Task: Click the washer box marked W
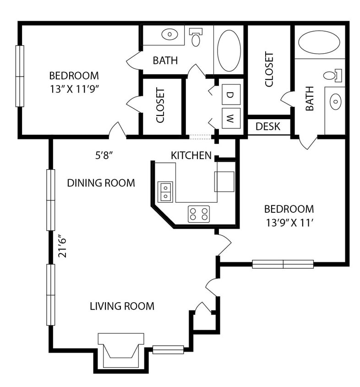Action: tap(231, 119)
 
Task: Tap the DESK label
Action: tap(268, 127)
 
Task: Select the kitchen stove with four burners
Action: tap(199, 214)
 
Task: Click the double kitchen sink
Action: tap(165, 192)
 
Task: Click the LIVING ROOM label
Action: tap(122, 306)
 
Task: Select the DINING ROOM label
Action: tap(101, 183)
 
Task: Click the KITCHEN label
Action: tap(191, 155)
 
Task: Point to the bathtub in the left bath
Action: tap(229, 50)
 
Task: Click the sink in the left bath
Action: tap(170, 34)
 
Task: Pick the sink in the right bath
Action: tap(335, 101)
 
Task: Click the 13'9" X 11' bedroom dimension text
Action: tap(289, 224)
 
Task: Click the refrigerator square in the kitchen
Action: tap(224, 182)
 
